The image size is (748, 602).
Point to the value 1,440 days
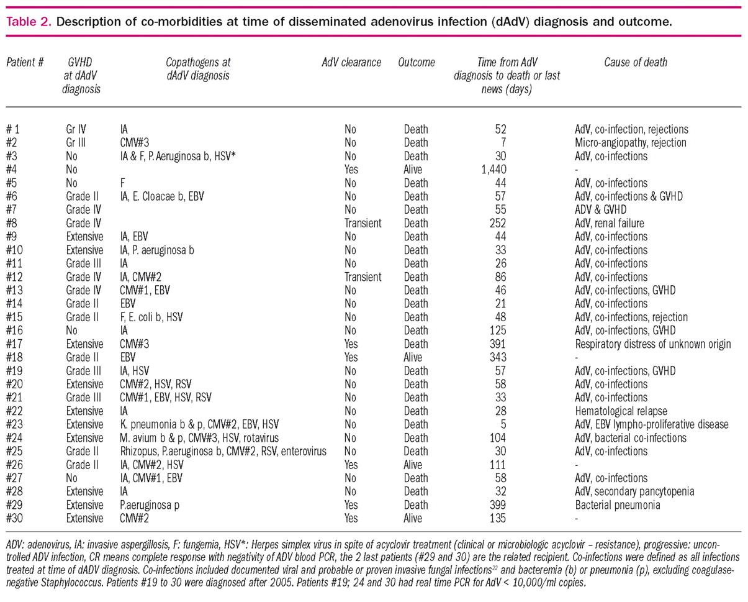click(494, 170)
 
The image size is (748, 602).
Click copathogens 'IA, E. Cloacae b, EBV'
click(163, 196)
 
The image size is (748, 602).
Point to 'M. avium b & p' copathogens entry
click(149, 438)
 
